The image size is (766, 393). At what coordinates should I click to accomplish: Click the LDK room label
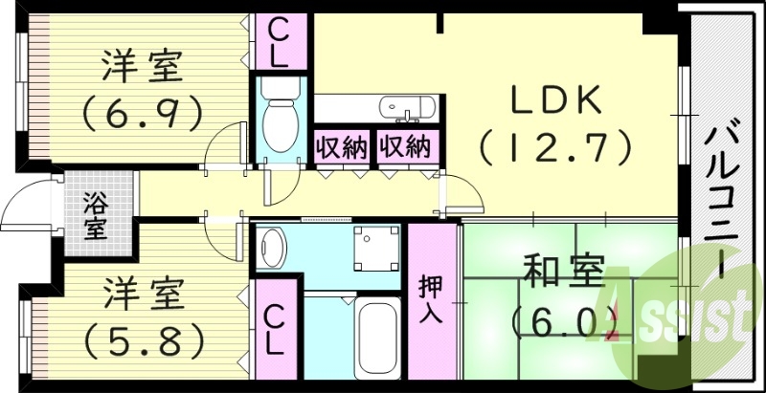tap(555, 100)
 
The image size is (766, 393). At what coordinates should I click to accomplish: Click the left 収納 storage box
tap(341, 147)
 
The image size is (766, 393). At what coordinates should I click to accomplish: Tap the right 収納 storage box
tap(404, 147)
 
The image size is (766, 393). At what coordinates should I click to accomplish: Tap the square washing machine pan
tap(374, 248)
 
